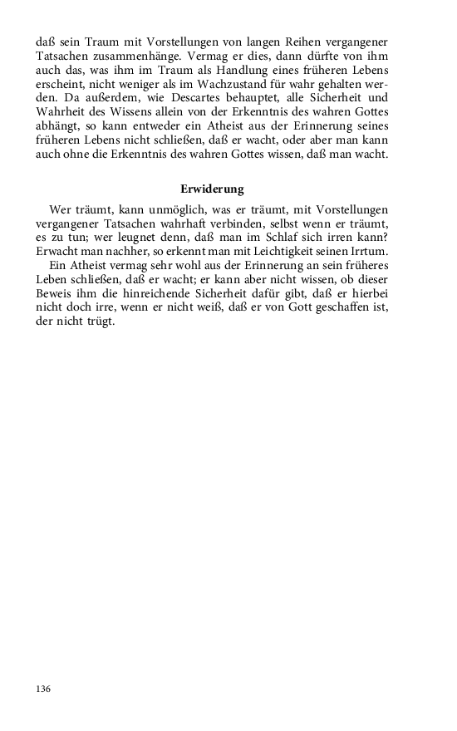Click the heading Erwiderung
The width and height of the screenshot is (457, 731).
(212, 189)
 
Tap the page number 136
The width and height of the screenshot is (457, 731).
(44, 689)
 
